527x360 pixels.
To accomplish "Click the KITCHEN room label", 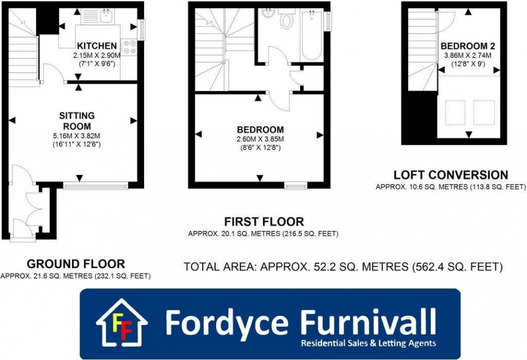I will tap(97, 45).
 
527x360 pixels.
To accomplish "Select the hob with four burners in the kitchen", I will tap(129, 47).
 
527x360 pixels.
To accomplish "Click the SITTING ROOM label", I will tap(77, 121).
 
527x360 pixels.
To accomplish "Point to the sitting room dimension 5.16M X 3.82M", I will tap(77, 136).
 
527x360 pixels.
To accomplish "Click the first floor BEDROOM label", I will tap(260, 130).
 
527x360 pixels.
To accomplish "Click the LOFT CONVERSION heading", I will tap(451, 175).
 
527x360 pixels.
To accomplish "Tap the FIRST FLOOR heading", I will tap(263, 222).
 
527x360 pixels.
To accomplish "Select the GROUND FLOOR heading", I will tap(76, 264).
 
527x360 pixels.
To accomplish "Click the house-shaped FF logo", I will tap(122, 323).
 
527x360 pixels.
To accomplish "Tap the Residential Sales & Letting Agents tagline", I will tap(368, 343).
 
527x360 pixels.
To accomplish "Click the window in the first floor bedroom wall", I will tap(296, 186).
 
